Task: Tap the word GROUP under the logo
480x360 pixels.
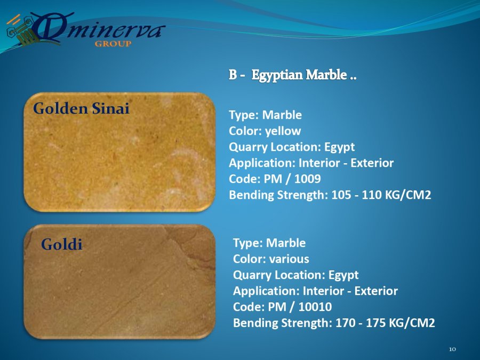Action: click(x=113, y=44)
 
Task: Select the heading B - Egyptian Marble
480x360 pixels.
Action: click(x=292, y=75)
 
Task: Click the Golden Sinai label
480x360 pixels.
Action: click(x=81, y=108)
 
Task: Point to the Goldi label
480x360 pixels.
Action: click(x=61, y=244)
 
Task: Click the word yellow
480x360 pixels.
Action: click(x=283, y=131)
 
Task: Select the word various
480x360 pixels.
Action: click(x=289, y=259)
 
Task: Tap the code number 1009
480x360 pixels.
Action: click(x=307, y=179)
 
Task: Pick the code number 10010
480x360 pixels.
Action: click(x=315, y=307)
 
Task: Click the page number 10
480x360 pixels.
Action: click(x=452, y=349)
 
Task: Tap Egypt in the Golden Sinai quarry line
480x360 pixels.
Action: click(x=340, y=148)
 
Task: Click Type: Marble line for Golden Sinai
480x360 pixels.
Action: click(x=265, y=115)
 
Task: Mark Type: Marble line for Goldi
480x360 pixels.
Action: click(x=269, y=243)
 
